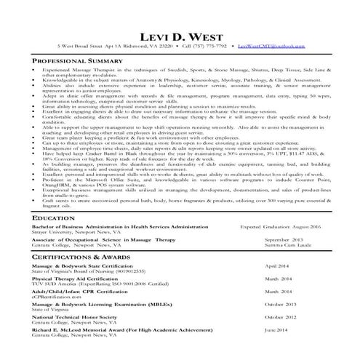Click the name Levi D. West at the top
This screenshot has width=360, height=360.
click(x=179, y=33)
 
